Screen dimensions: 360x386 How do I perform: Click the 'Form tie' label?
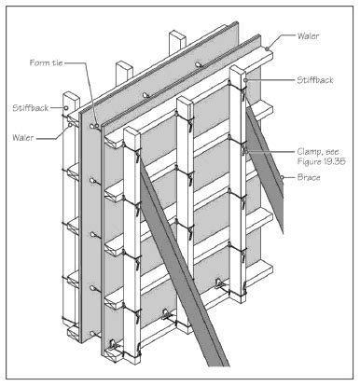point(46,62)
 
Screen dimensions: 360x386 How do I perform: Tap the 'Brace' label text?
point(309,177)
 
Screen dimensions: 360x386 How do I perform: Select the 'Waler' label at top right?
point(308,35)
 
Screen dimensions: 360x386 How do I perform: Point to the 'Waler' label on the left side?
point(23,137)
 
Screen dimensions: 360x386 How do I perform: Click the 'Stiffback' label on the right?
point(314,80)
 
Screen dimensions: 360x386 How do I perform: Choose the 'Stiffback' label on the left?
point(31,108)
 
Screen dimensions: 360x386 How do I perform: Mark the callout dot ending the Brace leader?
point(282,177)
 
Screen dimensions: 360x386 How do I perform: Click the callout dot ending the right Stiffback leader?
point(245,80)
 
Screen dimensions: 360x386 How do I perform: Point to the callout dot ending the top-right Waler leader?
point(267,48)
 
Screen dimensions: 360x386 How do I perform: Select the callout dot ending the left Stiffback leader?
point(66,108)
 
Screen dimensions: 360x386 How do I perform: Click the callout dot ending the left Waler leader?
point(70,125)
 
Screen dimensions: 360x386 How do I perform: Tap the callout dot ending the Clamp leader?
point(245,152)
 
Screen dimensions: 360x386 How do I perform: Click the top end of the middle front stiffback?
point(186,101)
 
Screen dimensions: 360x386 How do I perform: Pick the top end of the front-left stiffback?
point(132,131)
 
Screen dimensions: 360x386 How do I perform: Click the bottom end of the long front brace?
point(218,365)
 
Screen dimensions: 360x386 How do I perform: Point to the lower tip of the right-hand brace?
point(283,232)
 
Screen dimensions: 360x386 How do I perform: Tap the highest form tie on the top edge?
point(199,64)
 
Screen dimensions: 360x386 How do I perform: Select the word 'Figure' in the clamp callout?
point(309,161)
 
